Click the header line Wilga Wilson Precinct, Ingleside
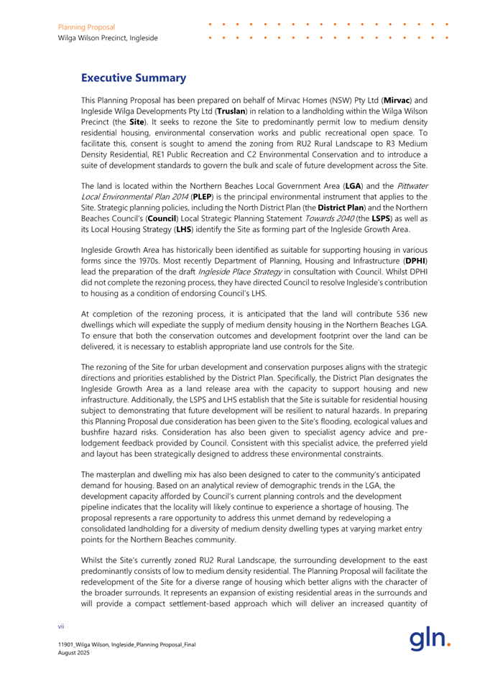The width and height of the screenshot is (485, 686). (108, 37)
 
